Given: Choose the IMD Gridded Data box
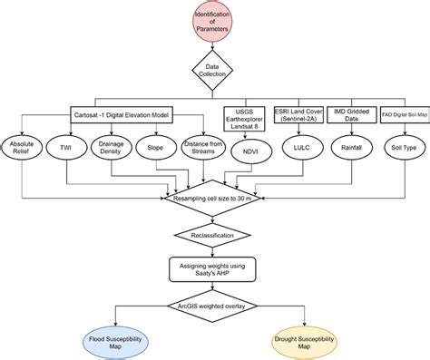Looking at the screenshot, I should coord(349,115).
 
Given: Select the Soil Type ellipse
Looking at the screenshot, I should coord(400,146).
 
